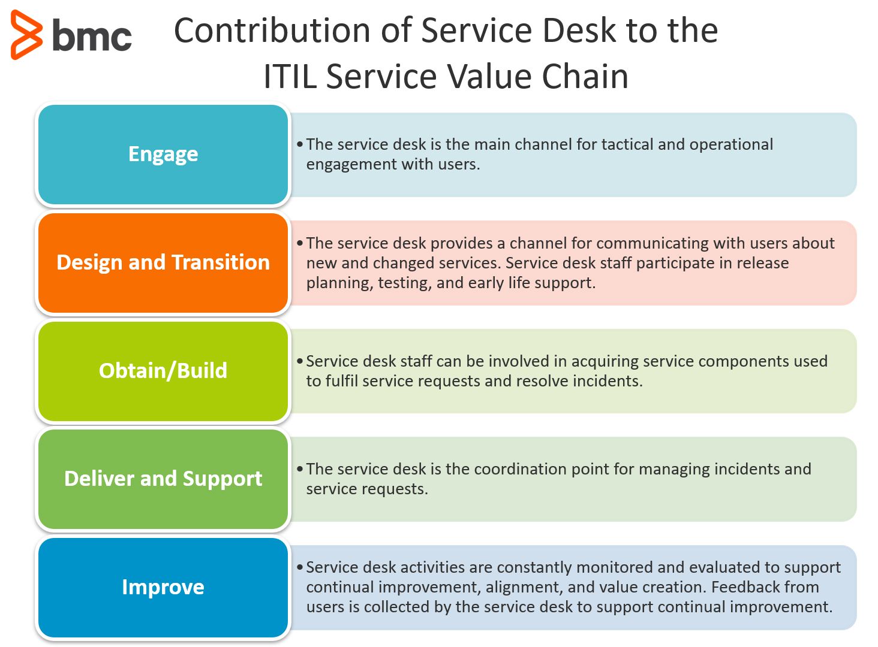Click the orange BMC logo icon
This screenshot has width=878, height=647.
[x=26, y=35]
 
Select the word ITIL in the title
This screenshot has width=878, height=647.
[x=290, y=77]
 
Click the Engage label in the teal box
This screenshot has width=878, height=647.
[x=163, y=154]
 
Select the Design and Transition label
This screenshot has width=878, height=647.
[x=163, y=262]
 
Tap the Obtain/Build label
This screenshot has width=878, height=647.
[x=163, y=371]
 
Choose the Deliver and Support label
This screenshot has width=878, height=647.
[x=163, y=479]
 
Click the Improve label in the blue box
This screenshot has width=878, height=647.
[x=163, y=587]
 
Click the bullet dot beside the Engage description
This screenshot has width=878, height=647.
[x=300, y=144]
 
